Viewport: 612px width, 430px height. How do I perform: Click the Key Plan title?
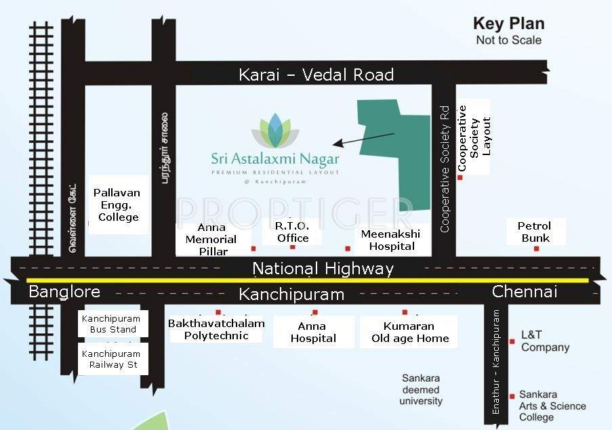(x=508, y=24)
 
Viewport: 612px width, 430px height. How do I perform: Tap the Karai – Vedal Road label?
(x=316, y=74)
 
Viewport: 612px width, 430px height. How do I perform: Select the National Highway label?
(x=323, y=269)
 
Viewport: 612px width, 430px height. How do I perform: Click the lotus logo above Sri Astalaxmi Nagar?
(x=274, y=131)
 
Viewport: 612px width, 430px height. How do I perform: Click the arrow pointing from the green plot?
(x=363, y=139)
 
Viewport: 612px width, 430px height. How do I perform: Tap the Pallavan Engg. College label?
(x=118, y=205)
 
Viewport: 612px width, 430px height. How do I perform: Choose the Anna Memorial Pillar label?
(x=211, y=239)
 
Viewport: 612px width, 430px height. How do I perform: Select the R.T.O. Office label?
(x=293, y=232)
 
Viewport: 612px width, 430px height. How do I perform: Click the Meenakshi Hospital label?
(x=390, y=240)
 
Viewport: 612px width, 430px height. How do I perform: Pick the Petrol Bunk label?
(x=534, y=232)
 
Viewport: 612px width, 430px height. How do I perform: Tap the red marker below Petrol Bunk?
(x=536, y=249)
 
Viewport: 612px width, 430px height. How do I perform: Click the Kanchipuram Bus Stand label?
(x=110, y=324)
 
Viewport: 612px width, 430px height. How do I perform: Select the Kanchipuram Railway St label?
(x=112, y=359)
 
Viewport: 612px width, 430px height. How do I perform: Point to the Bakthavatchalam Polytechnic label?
(x=216, y=330)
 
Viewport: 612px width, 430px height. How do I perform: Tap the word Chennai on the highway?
(x=525, y=292)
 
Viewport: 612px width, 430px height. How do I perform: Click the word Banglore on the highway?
(x=64, y=292)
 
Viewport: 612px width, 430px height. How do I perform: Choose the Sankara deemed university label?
(x=420, y=389)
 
